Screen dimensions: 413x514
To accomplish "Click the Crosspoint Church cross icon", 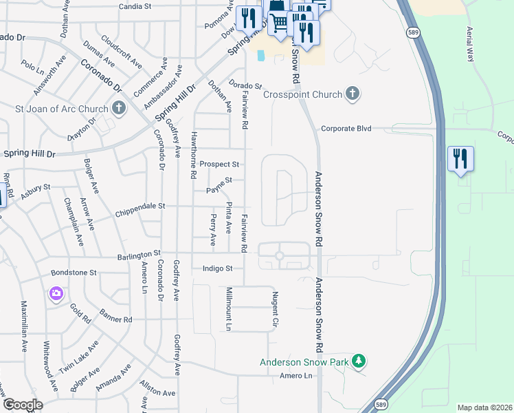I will pyautogui.click(x=353, y=94).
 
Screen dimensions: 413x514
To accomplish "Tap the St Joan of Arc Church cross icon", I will pyautogui.click(x=119, y=108).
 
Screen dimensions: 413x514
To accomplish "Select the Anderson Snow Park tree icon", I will pyautogui.click(x=357, y=361).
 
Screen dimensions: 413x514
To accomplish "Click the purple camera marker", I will pyautogui.click(x=56, y=294).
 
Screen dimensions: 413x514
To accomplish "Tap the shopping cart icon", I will pyautogui.click(x=278, y=22).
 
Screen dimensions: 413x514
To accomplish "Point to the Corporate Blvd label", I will pyautogui.click(x=346, y=129).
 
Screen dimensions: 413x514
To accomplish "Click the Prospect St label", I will pyautogui.click(x=219, y=165).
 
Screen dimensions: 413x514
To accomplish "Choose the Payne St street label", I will pyautogui.click(x=219, y=180).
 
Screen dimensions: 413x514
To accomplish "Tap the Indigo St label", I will pyautogui.click(x=218, y=268).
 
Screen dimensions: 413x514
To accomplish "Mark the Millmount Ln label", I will pyautogui.click(x=230, y=306).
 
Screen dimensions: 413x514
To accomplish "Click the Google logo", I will pyautogui.click(x=23, y=405).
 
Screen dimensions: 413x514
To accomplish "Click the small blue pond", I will pyautogui.click(x=261, y=55).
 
